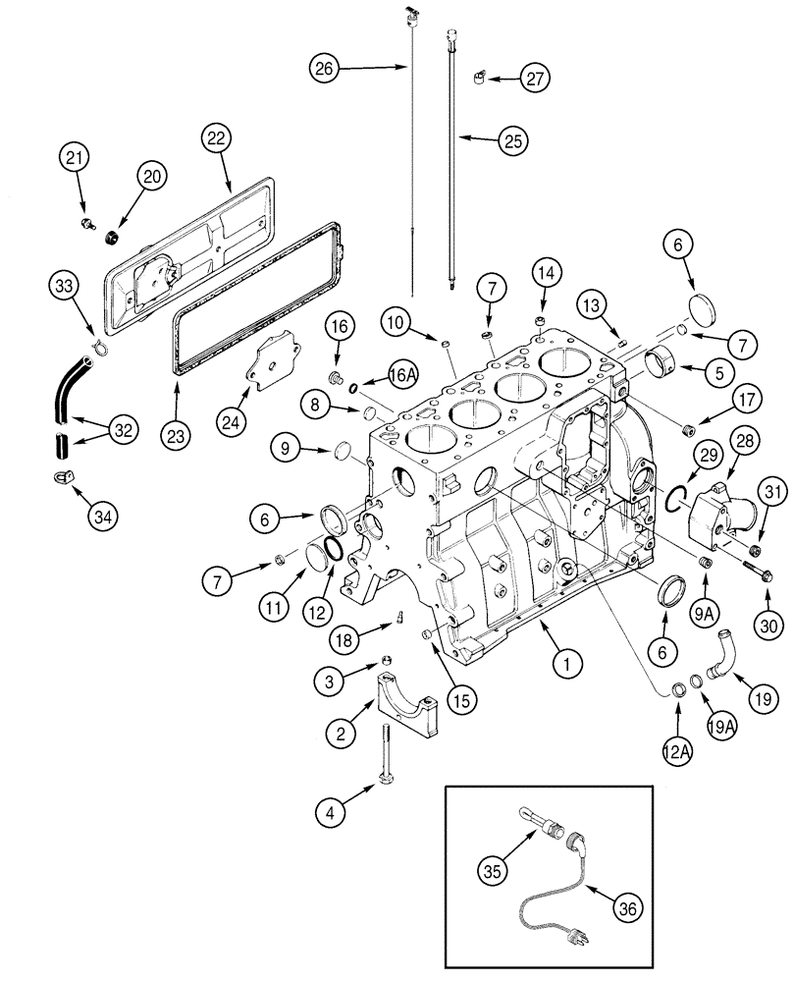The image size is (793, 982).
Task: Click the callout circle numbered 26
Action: click(325, 68)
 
